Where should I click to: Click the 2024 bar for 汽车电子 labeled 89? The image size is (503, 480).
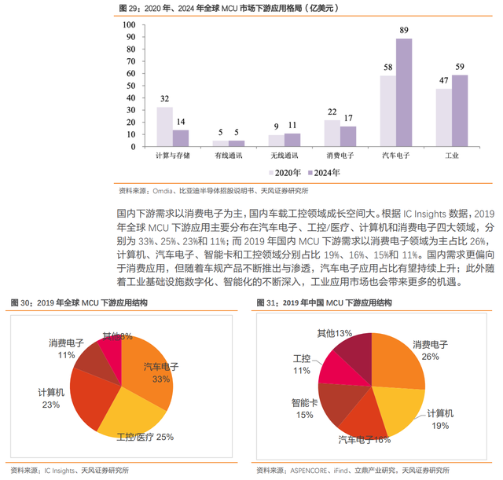point(404,93)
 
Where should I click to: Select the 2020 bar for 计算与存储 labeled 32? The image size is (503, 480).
point(164,126)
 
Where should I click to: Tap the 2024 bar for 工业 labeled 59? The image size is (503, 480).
point(460,111)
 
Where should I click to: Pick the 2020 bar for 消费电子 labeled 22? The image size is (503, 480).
point(332,133)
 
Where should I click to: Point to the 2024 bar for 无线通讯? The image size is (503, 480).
point(292,140)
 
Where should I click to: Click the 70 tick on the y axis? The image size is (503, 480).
point(131,61)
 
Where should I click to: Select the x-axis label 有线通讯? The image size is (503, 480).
point(229,156)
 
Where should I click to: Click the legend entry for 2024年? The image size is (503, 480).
point(324,173)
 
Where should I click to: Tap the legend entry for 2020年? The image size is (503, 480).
point(285,173)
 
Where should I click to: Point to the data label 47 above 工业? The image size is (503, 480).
point(443,80)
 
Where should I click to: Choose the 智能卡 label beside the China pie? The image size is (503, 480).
point(304,403)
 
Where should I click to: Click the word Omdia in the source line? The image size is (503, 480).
point(163,191)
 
